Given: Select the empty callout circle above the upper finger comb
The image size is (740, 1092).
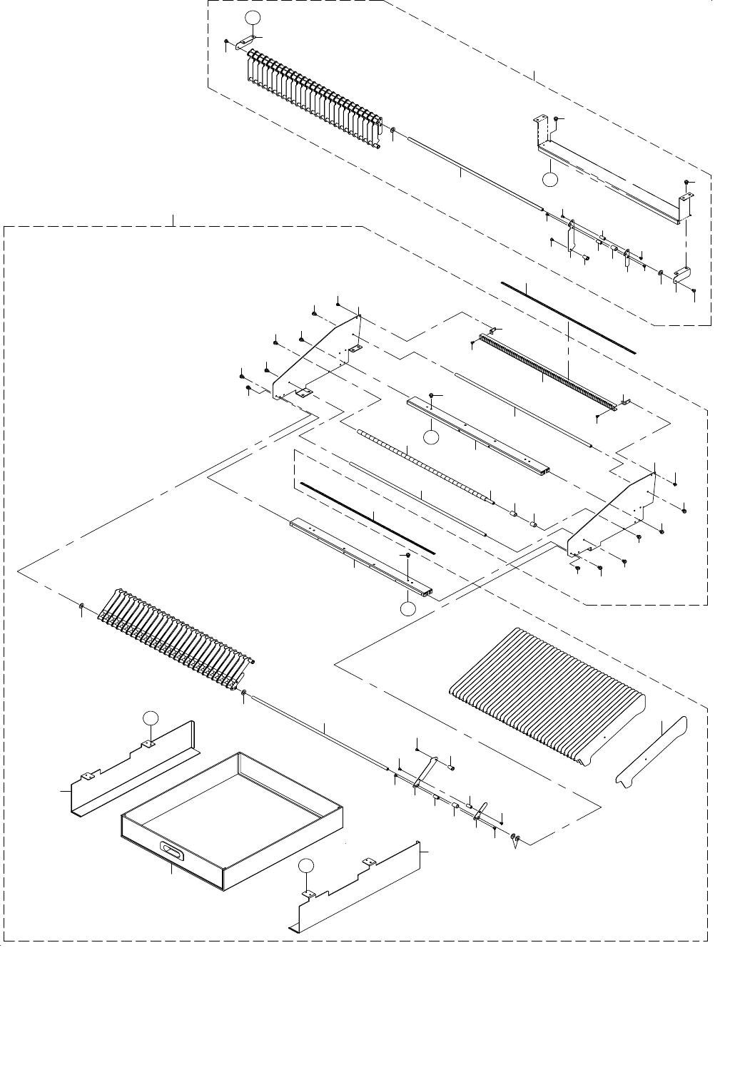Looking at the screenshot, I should pyautogui.click(x=250, y=18).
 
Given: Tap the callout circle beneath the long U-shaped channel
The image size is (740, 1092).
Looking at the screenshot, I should pyautogui.click(x=549, y=179).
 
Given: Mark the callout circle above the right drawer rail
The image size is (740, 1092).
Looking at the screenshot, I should pyautogui.click(x=306, y=866).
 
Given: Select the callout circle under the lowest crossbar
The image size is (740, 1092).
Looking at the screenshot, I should pyautogui.click(x=407, y=608).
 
